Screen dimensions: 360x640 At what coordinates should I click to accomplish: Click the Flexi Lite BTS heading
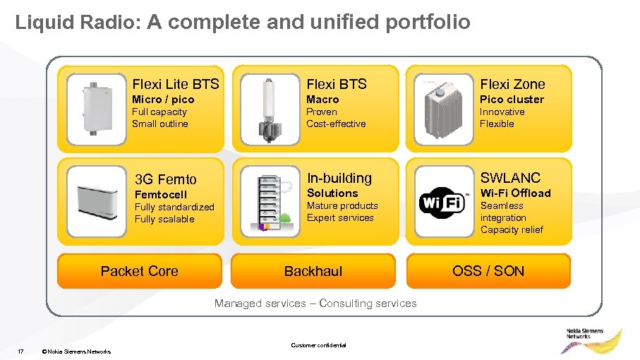coord(176,84)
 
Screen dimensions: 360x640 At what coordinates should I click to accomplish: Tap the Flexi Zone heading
coord(512,84)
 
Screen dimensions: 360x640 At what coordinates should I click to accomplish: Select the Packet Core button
coord(139,271)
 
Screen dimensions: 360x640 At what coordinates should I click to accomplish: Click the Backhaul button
coord(313,271)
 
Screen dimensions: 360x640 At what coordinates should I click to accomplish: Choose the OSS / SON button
coord(488,271)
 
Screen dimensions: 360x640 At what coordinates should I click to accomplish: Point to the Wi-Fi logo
coord(443,203)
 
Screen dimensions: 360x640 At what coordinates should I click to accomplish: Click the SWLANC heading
coord(510,178)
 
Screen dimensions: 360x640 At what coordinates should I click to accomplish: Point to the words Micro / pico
coord(163,100)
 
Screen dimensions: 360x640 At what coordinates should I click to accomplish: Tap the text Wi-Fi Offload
coord(515,193)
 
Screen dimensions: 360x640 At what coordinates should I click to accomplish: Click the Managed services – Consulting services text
coord(315,304)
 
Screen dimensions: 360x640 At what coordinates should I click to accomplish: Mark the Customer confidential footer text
coord(318,345)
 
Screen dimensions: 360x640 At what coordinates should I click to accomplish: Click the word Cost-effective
coord(336,124)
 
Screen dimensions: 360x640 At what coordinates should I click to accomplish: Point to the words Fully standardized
coord(174,207)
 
